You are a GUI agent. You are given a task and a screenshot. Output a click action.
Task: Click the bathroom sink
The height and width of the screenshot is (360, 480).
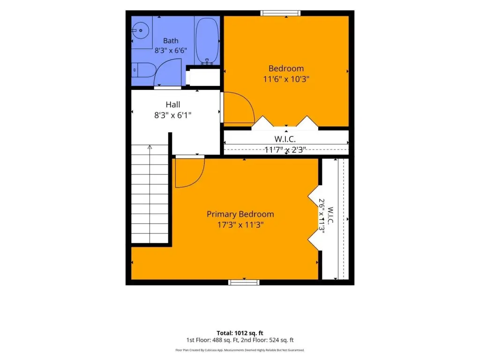141,30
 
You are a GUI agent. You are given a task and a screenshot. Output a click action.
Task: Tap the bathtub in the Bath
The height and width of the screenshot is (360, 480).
207,41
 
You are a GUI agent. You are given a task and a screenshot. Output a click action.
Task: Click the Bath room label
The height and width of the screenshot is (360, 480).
171,41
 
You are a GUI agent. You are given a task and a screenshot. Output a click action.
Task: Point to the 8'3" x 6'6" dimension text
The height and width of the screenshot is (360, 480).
171,51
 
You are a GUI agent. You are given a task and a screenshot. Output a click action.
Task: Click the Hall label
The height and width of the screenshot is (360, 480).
172,105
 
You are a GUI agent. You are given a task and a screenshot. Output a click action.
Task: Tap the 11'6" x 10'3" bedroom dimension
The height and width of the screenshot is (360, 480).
286,79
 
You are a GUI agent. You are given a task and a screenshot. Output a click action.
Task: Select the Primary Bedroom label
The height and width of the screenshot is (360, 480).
240,214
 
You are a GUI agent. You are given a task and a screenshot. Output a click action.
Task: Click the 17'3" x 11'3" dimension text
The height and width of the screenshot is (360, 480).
240,225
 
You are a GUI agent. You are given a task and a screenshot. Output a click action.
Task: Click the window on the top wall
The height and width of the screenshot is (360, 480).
280,13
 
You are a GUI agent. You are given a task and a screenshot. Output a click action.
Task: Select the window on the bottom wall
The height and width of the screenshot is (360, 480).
244,282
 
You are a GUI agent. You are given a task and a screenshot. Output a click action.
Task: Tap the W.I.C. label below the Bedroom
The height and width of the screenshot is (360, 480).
285,139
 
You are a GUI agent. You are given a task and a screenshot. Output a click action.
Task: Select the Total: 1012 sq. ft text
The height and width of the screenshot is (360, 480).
240,333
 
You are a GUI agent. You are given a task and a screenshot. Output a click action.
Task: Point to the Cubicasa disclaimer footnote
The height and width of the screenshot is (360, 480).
240,350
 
